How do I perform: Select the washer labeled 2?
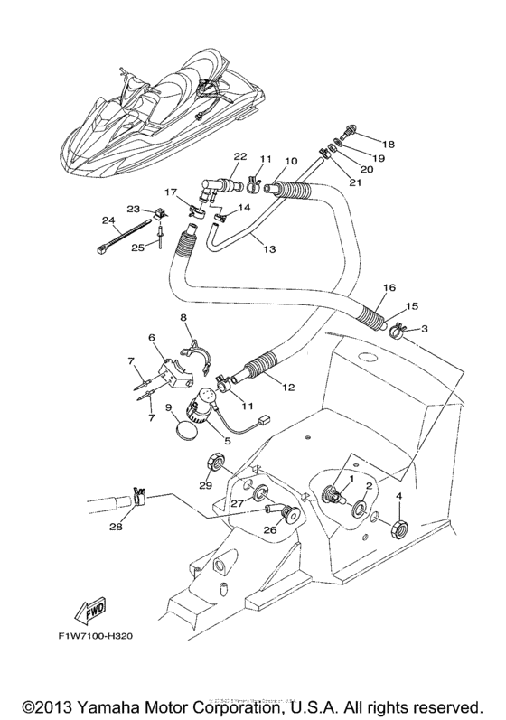point(360,511)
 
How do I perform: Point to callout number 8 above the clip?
point(183,318)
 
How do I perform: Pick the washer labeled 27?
point(259,493)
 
